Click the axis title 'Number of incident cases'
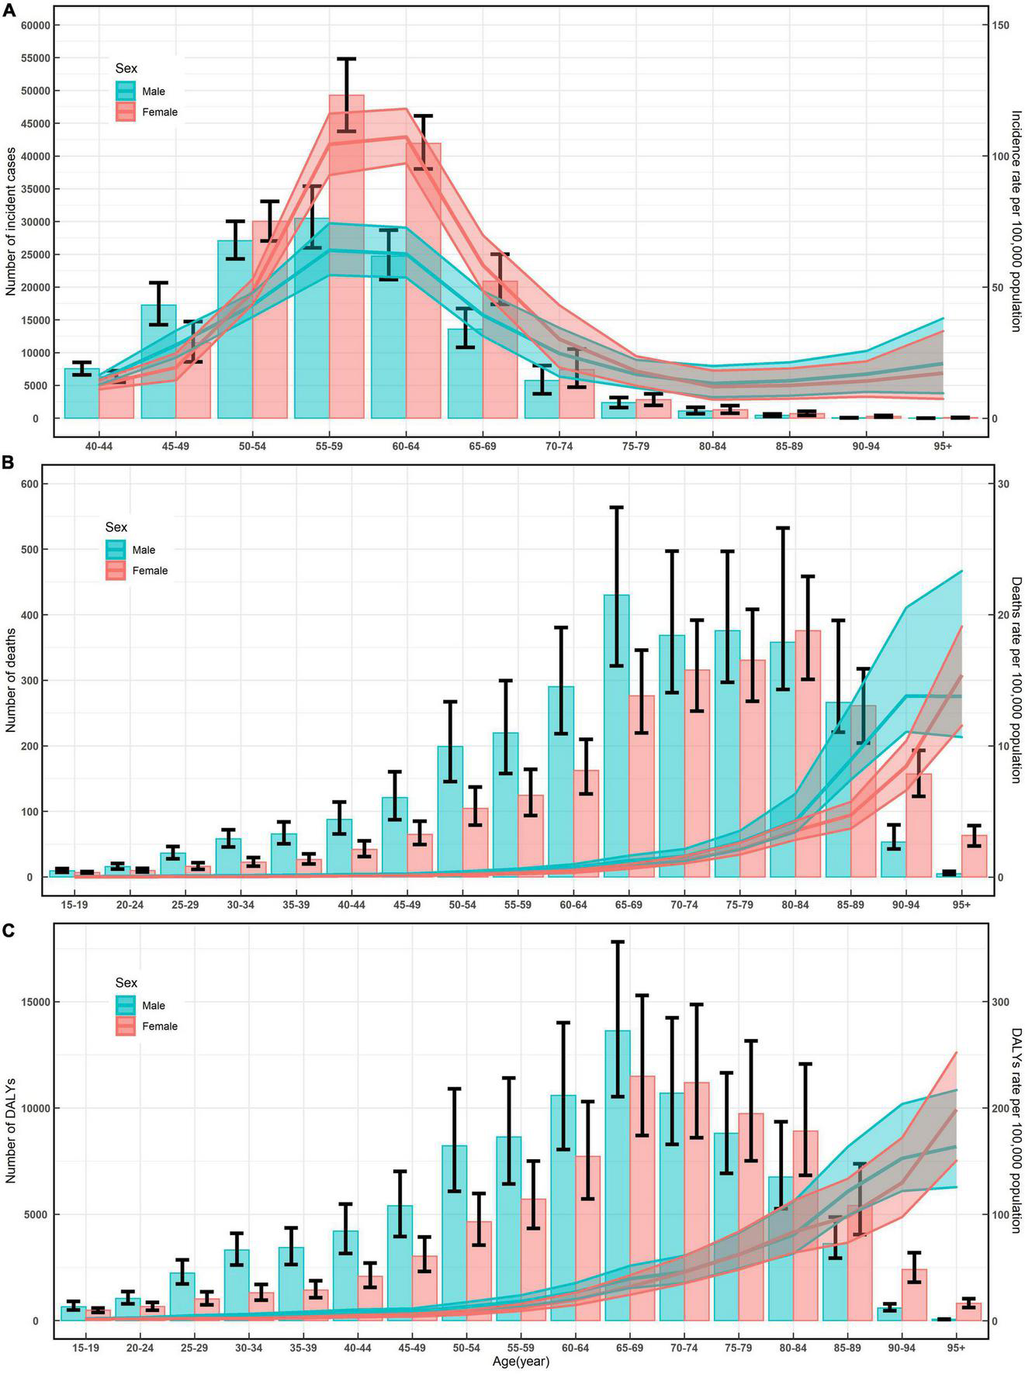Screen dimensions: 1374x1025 pyautogui.click(x=11, y=222)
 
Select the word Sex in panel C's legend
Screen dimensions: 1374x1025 pyautogui.click(x=126, y=982)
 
